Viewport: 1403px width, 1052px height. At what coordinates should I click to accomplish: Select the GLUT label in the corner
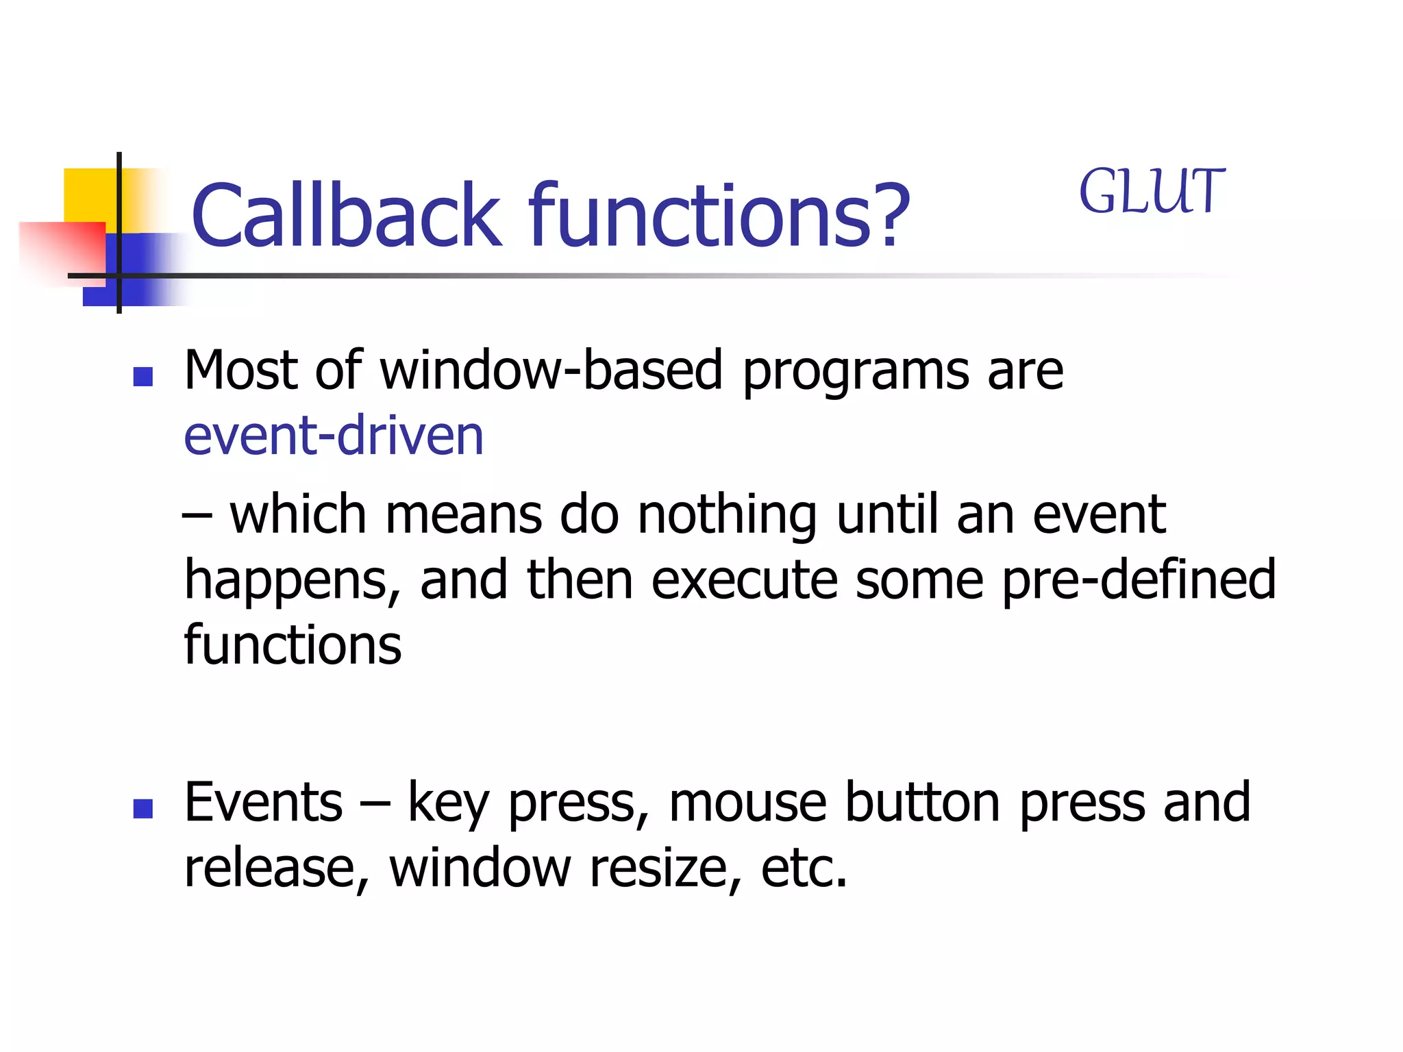(1152, 192)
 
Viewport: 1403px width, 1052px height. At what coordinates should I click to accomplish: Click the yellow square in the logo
(89, 195)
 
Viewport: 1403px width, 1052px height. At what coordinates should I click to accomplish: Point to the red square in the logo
(62, 250)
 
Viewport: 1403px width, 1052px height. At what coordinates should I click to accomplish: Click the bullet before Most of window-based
(143, 377)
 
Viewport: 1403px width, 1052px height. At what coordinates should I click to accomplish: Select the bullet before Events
(143, 809)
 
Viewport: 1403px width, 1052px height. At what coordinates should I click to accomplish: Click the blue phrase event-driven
(334, 436)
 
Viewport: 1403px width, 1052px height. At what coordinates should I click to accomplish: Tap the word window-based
(551, 371)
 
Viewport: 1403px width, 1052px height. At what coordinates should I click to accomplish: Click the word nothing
(727, 516)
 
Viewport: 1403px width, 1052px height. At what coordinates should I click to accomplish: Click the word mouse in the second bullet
(747, 803)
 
